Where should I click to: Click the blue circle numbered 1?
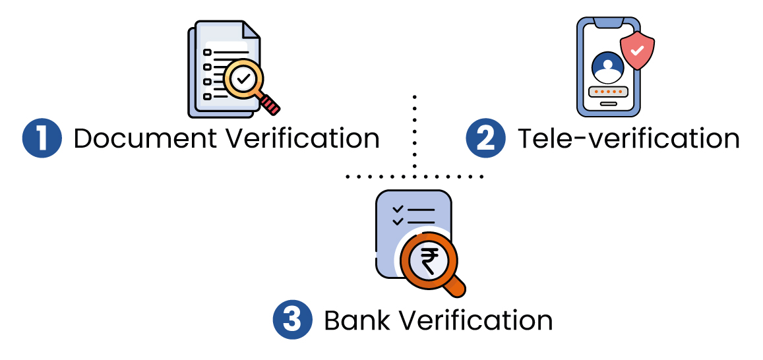[42, 138]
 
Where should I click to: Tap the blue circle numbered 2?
[486, 138]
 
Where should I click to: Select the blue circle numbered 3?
[292, 320]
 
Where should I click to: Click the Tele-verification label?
[628, 138]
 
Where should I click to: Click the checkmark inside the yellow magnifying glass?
[243, 80]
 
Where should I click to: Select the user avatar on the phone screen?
[607, 67]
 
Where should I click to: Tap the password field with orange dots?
[607, 90]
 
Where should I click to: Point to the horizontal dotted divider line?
[414, 177]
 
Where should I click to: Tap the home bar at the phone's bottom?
[607, 104]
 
